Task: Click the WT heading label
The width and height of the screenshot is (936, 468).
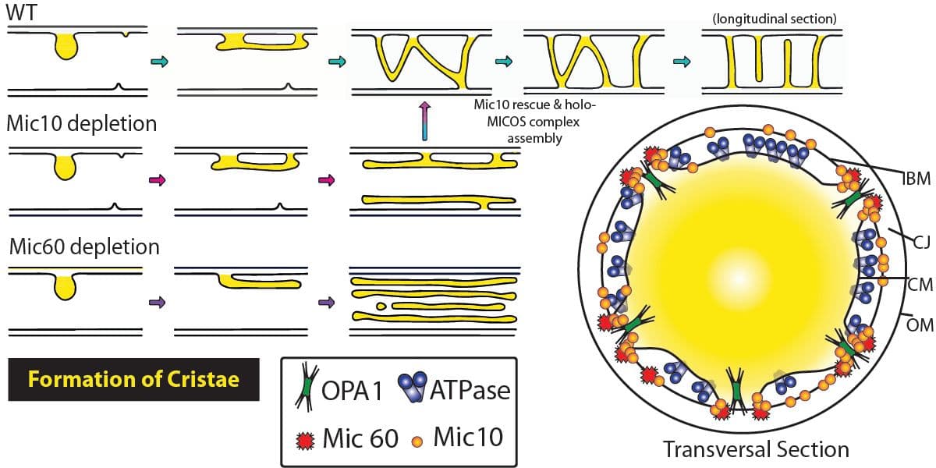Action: (22, 13)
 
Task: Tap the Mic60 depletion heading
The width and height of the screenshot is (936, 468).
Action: (84, 247)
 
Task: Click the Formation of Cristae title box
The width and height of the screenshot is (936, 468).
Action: (133, 379)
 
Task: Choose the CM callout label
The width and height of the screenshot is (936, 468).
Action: (920, 284)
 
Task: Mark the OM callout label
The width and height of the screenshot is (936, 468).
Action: (920, 324)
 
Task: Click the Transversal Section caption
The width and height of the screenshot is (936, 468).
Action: (755, 449)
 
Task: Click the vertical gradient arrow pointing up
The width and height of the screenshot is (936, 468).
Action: (424, 120)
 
